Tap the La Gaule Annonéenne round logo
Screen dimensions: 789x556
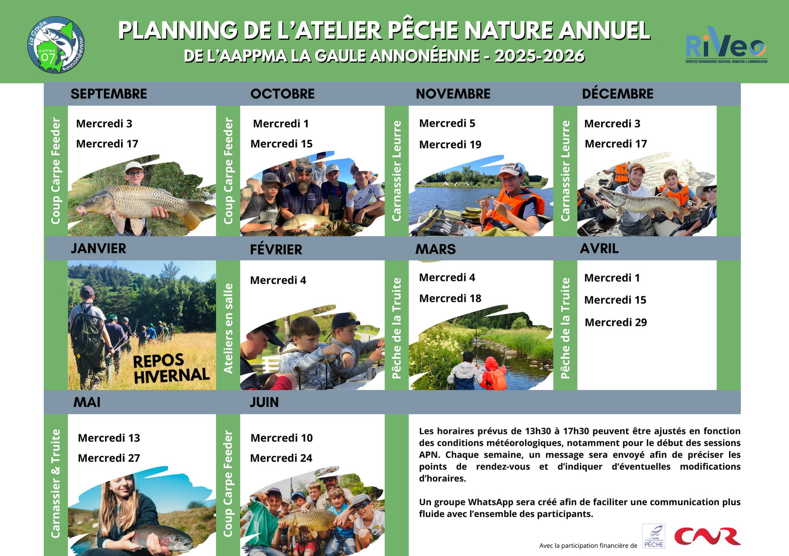click(56, 45)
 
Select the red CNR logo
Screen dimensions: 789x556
click(707, 536)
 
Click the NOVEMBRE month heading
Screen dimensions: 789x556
click(453, 94)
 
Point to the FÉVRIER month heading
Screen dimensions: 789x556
click(276, 249)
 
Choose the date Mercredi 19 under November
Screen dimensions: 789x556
click(450, 145)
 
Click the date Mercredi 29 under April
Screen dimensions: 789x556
click(616, 322)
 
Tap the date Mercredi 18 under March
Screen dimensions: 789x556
click(450, 298)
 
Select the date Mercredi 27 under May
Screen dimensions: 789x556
click(109, 458)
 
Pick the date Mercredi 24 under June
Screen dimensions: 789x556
click(281, 458)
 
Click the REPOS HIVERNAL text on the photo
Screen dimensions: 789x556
click(171, 368)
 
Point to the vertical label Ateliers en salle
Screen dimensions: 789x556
click(228, 328)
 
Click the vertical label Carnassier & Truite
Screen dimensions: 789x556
click(56, 483)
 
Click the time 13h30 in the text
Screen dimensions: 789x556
click(538, 431)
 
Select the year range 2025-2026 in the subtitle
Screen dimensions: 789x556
click(539, 56)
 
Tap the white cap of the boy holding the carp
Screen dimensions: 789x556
click(134, 166)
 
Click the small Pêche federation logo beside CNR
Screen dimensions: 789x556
click(654, 536)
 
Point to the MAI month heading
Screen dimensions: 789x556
click(87, 402)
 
